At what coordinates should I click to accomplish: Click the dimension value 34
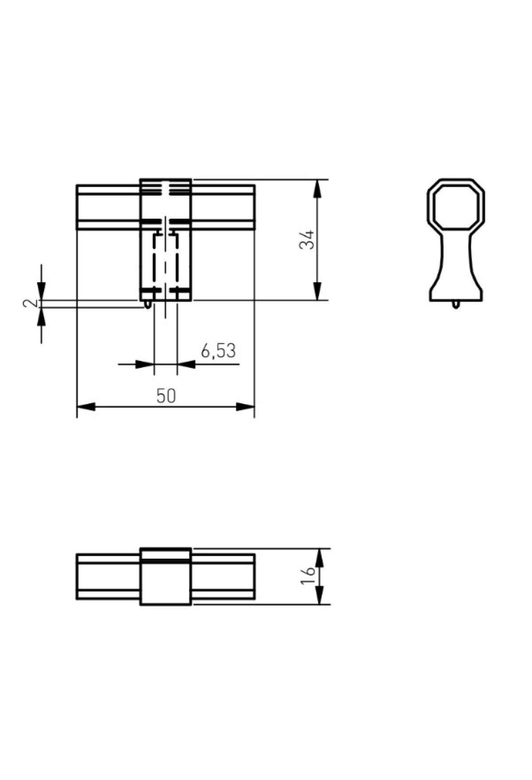point(307,240)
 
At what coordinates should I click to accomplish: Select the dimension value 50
point(166,396)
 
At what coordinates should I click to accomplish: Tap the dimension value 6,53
point(218,351)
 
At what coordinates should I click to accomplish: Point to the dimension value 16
point(308,576)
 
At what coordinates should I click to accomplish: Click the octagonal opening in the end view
point(456,205)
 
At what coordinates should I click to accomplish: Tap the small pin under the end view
point(456,304)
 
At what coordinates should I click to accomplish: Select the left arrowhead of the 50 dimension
point(86,407)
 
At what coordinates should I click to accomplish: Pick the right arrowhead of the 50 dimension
point(245,407)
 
